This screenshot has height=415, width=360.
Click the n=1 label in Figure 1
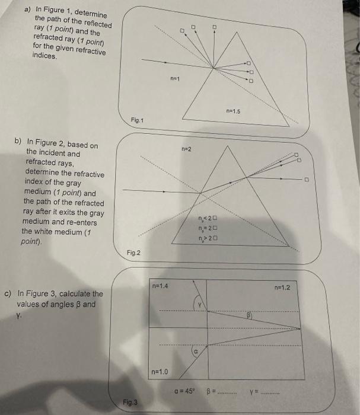pos(174,78)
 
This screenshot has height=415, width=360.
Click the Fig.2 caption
pos(133,253)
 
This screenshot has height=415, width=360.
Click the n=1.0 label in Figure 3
pos(161,372)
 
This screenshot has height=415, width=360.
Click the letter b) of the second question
pos(18,142)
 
